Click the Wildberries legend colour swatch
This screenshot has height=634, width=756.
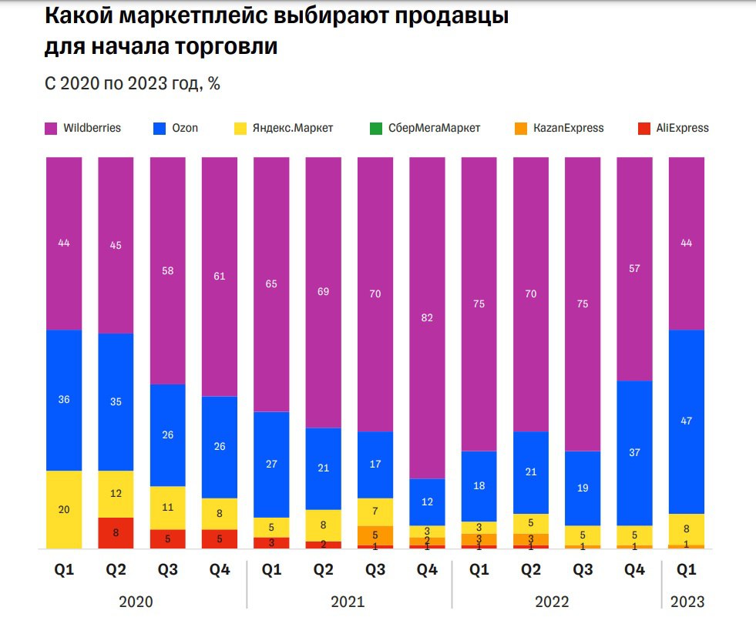click(52, 128)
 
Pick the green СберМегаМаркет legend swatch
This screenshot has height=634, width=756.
click(375, 128)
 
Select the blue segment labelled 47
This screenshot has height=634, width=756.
click(686, 421)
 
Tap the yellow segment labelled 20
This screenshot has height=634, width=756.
click(64, 509)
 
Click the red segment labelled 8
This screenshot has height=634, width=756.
click(116, 532)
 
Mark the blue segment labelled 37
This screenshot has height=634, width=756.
click(635, 453)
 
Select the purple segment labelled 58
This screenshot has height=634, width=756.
click(167, 270)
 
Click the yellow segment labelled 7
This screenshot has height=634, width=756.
click(375, 512)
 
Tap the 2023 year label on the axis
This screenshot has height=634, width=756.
click(687, 602)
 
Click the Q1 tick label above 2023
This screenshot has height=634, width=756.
click(687, 570)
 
